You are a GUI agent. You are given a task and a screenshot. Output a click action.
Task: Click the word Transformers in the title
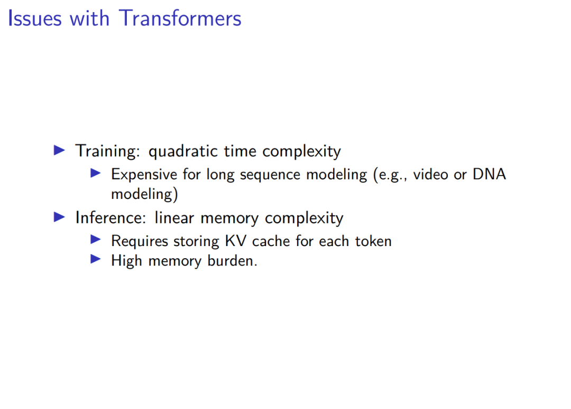point(180,18)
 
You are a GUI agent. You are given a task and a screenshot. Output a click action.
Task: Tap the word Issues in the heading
point(34,18)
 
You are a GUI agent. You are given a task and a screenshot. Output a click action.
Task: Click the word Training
point(107,151)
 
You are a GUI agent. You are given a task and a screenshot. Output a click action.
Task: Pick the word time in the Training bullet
point(240,151)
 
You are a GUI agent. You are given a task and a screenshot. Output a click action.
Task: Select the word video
point(430,174)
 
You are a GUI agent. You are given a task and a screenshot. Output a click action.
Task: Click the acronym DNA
point(490,174)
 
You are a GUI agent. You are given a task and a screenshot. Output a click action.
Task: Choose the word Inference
point(110,218)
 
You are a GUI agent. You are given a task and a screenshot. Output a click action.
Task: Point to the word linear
point(174,218)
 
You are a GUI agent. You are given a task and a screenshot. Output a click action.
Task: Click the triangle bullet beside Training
point(59,150)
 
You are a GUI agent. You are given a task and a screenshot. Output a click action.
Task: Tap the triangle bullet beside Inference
point(59,217)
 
